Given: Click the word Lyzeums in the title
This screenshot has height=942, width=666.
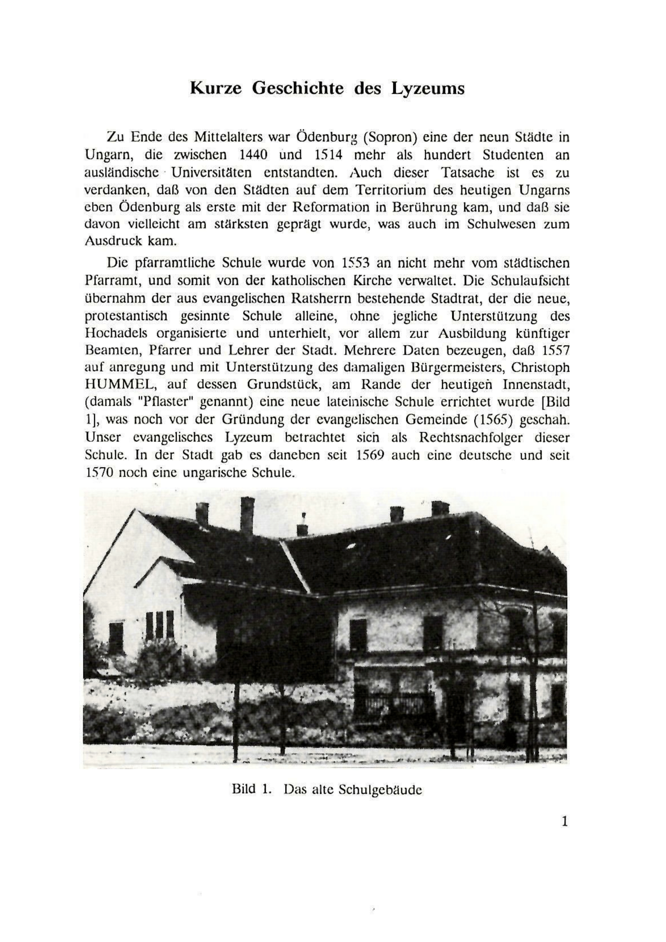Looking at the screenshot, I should tap(428, 89).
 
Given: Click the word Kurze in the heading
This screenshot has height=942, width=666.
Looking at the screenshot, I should tap(216, 89).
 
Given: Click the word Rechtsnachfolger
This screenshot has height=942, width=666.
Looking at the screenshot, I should tap(470, 438).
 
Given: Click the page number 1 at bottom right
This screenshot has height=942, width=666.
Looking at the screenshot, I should tap(564, 821).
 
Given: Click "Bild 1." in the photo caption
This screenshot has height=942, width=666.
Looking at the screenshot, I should tap(252, 789).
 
